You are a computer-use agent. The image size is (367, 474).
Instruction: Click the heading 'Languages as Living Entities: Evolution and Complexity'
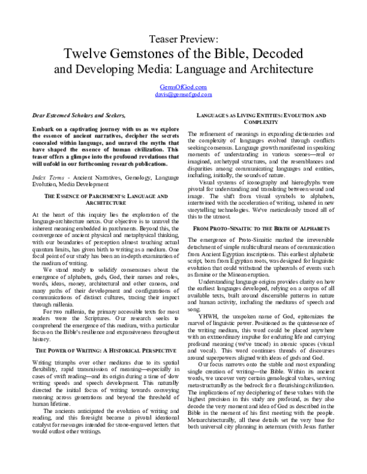click(x=265, y=119)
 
